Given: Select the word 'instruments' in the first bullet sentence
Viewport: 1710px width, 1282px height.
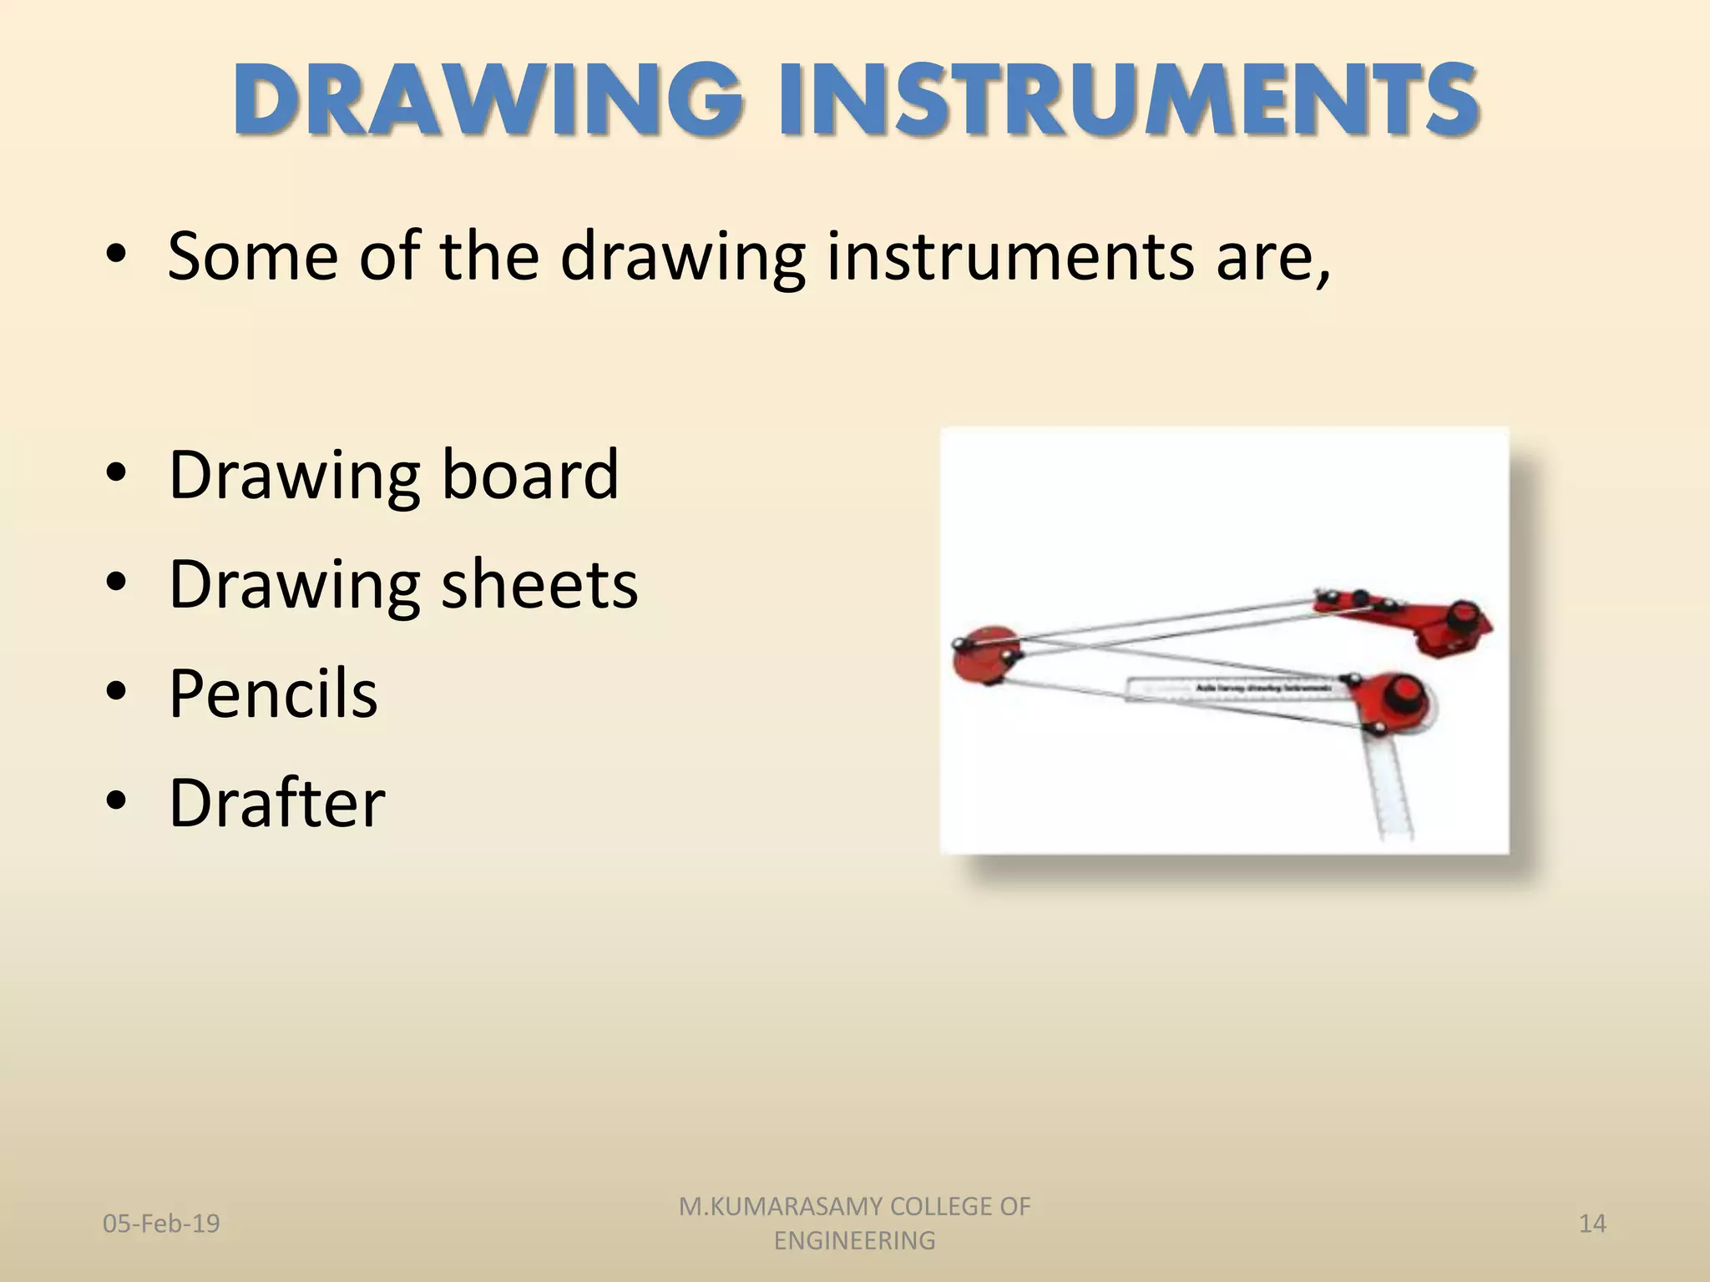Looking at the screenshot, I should (x=1010, y=255).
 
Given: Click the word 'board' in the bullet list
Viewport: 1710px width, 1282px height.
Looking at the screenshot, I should (x=529, y=474).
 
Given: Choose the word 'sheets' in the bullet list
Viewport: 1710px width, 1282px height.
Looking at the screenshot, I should (x=539, y=583).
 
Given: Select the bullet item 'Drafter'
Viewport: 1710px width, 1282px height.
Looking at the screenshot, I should (x=276, y=802).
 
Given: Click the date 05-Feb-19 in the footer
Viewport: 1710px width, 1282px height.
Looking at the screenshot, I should (x=161, y=1224).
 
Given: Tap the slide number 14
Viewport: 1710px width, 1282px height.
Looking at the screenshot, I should (x=1592, y=1224).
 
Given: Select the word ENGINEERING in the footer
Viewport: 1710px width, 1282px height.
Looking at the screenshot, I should (x=854, y=1241).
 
